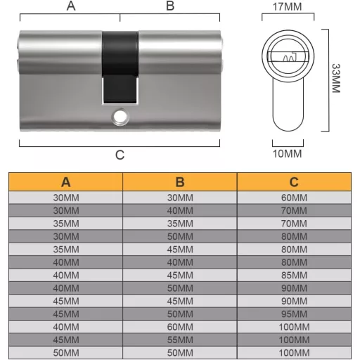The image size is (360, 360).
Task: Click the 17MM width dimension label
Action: point(286,7)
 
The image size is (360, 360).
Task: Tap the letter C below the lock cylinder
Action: point(120,155)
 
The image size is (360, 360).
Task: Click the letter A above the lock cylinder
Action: point(70,6)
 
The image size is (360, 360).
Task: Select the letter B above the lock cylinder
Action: point(169,6)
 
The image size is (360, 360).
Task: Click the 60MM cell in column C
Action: point(294,198)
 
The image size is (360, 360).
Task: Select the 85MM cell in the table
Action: point(294,274)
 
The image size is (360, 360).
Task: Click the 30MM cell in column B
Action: point(180,198)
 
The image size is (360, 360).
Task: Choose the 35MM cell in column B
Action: point(180,223)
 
